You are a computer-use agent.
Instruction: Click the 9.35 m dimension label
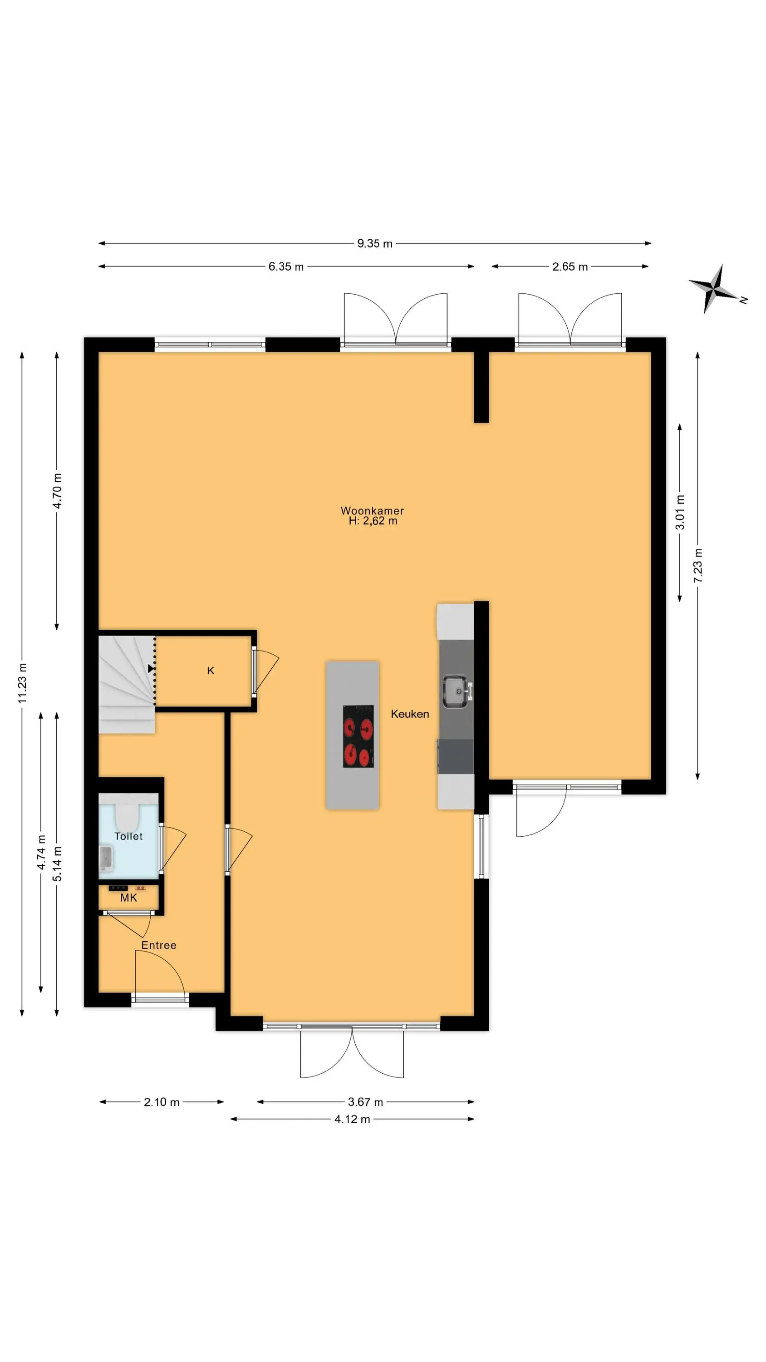coord(375,243)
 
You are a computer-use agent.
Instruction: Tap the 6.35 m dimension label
coord(286,266)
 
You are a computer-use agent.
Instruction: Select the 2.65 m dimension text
coord(570,266)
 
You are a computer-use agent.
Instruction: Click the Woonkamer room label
coord(372,511)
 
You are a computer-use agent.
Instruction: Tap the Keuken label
coord(410,714)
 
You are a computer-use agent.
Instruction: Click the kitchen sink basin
coord(455,691)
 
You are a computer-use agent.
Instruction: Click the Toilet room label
coord(128,836)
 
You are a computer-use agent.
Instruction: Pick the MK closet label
coord(128,897)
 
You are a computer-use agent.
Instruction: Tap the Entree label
coord(158,945)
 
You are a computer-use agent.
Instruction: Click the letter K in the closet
coord(211,671)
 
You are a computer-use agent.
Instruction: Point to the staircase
coord(127,684)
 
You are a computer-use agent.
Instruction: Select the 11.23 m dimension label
coord(22,683)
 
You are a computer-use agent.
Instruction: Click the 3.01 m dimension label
coord(680,512)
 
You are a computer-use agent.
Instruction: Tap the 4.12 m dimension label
coord(352,1119)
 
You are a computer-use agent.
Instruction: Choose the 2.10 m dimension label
coord(162,1102)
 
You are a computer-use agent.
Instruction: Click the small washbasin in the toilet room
coord(106,858)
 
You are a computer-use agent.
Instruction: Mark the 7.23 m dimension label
coord(698,566)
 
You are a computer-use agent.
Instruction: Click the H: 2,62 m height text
coord(373,521)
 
